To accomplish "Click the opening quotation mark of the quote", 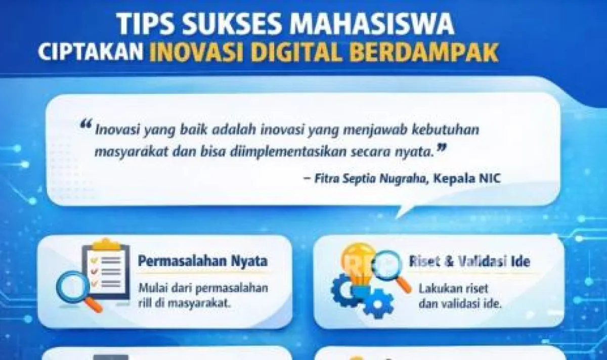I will [x=86, y=124].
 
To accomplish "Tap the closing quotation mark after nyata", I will [x=442, y=148].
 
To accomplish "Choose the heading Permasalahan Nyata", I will [x=203, y=262].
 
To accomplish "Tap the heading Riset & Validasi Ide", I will [x=469, y=262].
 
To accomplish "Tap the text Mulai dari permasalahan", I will [x=203, y=288].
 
